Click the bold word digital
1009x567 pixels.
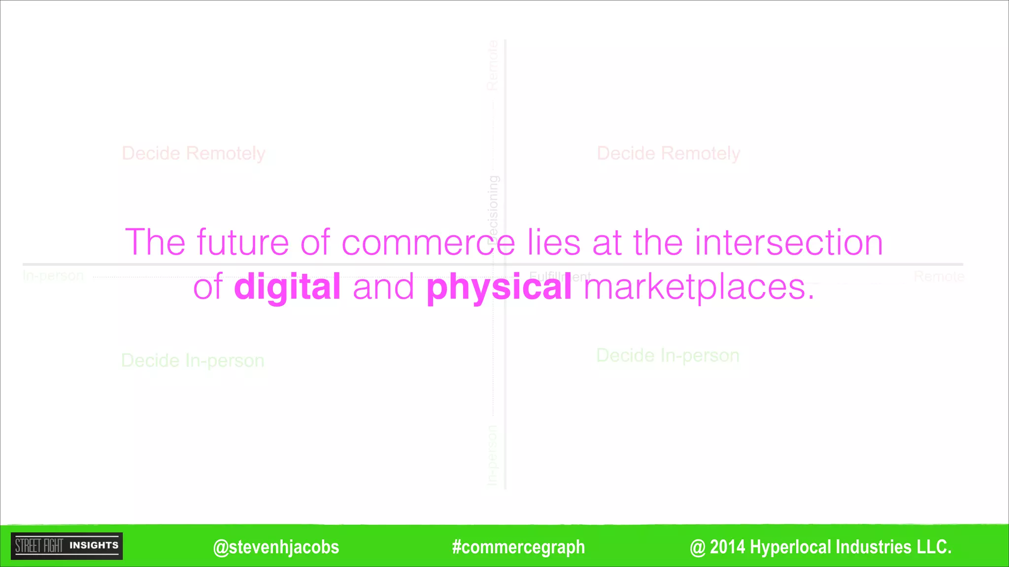click(x=287, y=287)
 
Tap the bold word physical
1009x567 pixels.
click(x=499, y=287)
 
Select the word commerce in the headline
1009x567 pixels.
click(x=428, y=243)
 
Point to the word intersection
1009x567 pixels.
click(x=789, y=243)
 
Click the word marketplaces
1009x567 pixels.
click(x=699, y=287)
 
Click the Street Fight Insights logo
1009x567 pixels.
click(x=67, y=546)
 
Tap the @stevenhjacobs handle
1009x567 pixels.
click(x=276, y=547)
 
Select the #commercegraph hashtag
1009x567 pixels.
click(x=518, y=547)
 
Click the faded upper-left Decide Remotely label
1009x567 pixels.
click(x=193, y=154)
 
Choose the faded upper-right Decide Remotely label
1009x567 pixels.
click(x=668, y=154)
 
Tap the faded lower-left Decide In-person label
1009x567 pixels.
click(x=193, y=361)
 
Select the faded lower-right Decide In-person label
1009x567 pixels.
click(x=668, y=355)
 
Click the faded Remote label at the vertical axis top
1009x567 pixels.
click(x=492, y=65)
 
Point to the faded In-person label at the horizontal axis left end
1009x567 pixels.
click(x=53, y=276)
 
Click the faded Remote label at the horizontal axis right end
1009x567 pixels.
click(x=939, y=277)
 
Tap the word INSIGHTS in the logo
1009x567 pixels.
click(x=94, y=545)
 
